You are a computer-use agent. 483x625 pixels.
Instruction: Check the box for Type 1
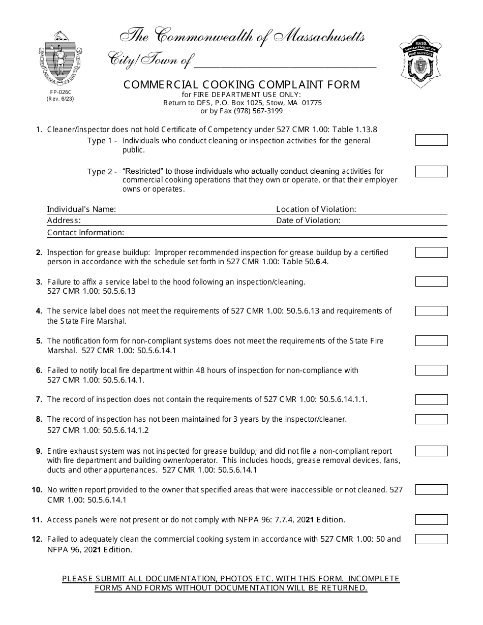click(x=431, y=140)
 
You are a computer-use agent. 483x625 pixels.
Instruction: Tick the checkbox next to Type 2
click(x=431, y=171)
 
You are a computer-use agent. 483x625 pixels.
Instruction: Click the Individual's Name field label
click(x=81, y=209)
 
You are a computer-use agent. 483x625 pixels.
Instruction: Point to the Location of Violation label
click(x=316, y=209)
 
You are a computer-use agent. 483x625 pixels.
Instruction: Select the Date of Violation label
click(x=308, y=221)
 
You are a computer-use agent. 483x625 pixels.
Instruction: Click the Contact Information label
click(x=85, y=233)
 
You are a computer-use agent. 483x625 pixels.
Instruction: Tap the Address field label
click(x=64, y=221)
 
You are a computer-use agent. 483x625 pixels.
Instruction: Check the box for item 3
click(x=431, y=282)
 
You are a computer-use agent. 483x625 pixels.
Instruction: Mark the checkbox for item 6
click(x=431, y=370)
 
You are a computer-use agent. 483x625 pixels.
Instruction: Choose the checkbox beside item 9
click(x=431, y=451)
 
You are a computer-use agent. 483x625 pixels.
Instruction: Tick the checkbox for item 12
click(x=431, y=539)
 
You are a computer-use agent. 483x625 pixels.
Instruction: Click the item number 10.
click(x=37, y=490)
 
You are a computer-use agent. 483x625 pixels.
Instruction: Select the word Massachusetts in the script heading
click(x=319, y=37)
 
